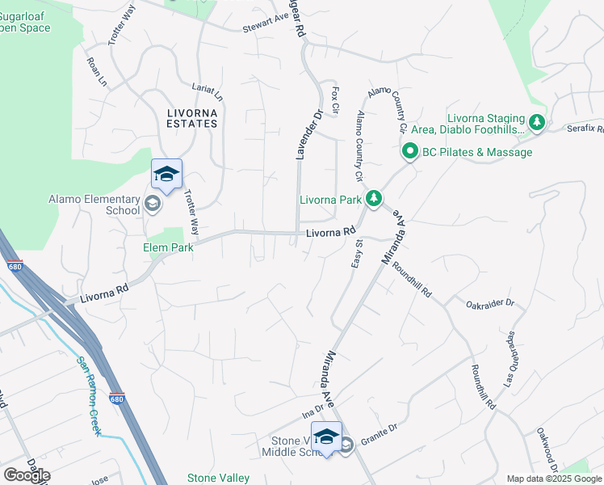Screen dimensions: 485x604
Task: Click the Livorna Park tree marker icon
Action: coord(373,198)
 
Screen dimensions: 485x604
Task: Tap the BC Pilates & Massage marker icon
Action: coord(409,151)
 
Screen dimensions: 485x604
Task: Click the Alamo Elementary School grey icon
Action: coord(152,204)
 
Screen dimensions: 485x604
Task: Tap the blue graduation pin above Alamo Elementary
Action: coord(166,174)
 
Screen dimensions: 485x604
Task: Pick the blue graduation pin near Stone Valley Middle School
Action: coord(326,437)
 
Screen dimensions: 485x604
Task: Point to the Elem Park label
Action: coord(169,247)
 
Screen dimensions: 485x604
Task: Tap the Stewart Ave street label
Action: coord(266,28)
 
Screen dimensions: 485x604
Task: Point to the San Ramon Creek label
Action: coord(89,396)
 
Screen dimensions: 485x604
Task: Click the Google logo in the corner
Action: coord(27,475)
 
